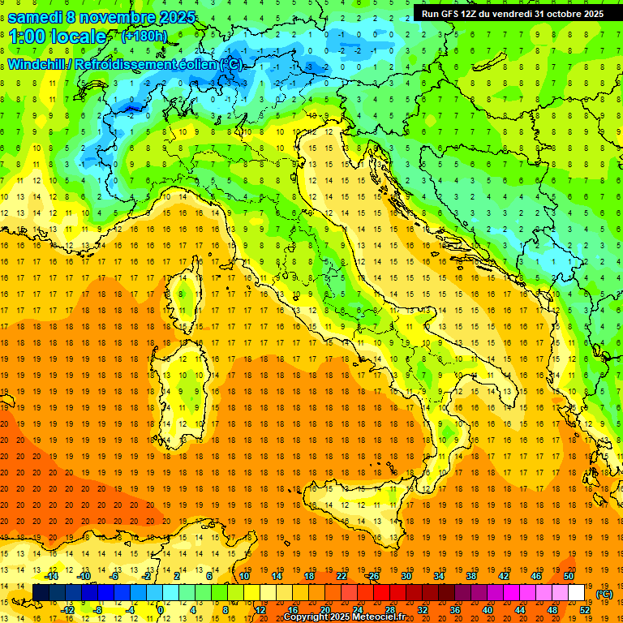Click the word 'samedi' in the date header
tap(34, 16)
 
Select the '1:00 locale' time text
tap(58, 37)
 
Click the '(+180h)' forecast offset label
tap(145, 37)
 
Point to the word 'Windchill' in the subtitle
tap(37, 64)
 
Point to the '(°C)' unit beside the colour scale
tap(604, 594)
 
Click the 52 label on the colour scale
tap(585, 609)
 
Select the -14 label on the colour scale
tap(52, 576)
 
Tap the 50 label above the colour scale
tap(568, 576)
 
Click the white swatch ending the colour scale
tap(577, 593)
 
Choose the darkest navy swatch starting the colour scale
tap(41, 593)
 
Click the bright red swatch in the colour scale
tap(381, 593)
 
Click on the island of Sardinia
tap(174, 381)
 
